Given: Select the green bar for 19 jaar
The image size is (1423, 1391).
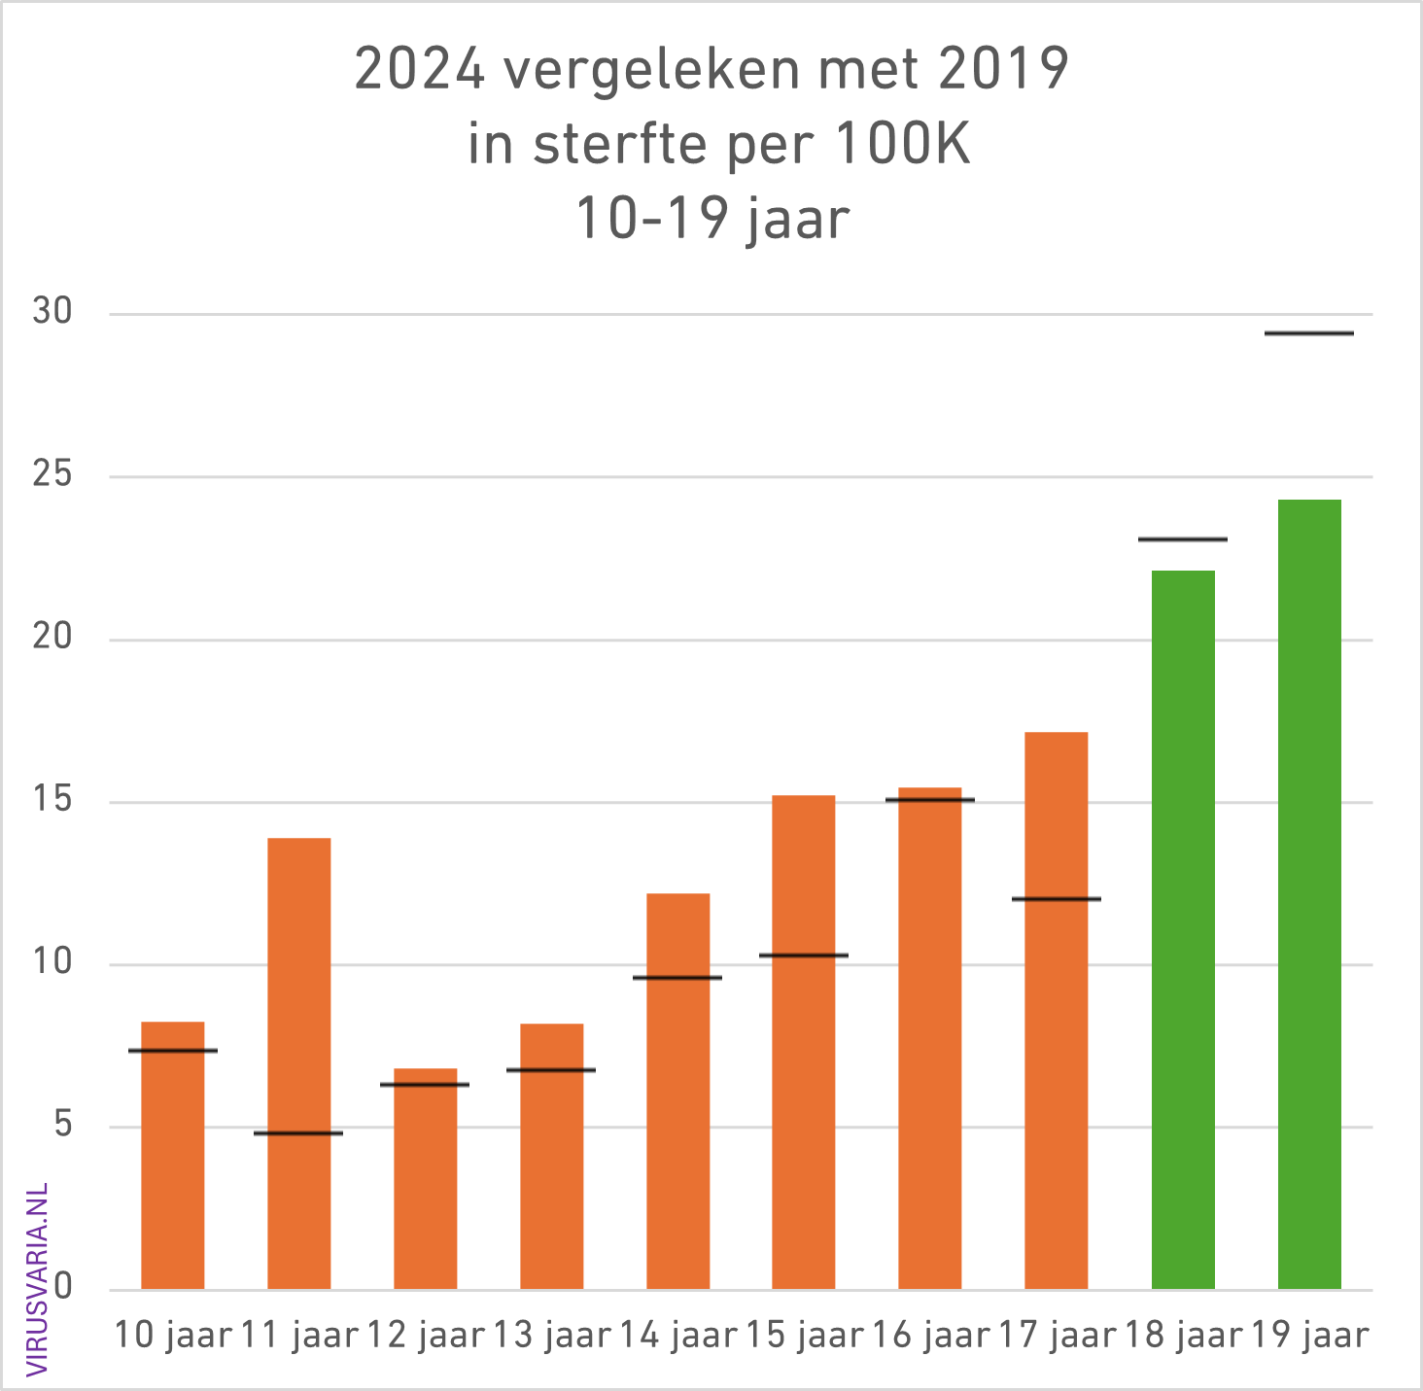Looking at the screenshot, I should point(1309,894).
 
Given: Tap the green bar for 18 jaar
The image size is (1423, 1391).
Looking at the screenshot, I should point(1183,929).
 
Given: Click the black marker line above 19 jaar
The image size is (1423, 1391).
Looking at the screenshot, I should point(1309,333).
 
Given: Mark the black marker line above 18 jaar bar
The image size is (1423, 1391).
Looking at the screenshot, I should point(1183,539).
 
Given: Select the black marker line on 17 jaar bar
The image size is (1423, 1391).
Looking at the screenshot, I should point(1057,899).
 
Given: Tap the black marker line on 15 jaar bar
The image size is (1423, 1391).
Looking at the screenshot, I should point(804,956).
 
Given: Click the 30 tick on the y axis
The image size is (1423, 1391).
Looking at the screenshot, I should point(52,312).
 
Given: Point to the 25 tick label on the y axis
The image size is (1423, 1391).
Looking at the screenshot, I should point(52,475).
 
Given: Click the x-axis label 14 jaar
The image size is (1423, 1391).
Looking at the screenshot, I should point(678,1336).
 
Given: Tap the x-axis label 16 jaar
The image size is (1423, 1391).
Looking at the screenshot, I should point(930,1336).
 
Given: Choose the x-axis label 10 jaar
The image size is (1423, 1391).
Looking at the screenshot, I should point(173,1336).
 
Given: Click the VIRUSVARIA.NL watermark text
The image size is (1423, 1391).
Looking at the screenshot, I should point(37,1279).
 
